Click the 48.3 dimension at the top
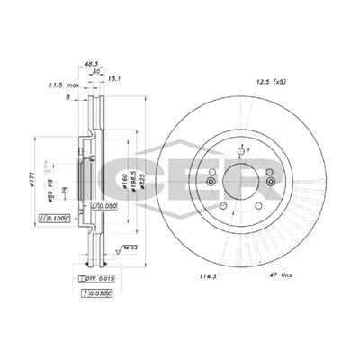89,64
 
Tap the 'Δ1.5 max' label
60,86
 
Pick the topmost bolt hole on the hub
241,149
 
